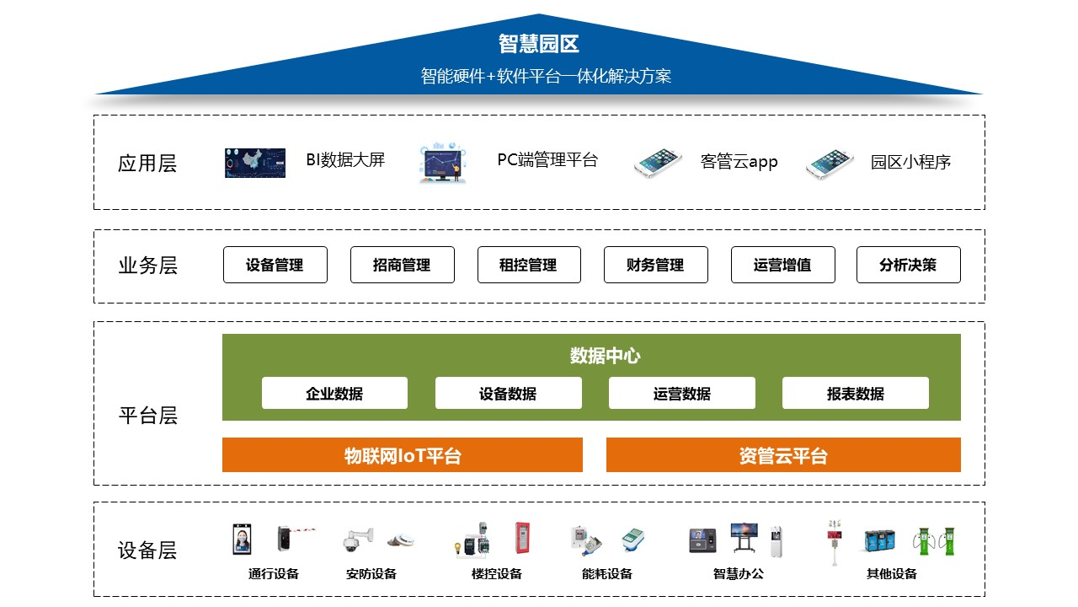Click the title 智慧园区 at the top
click(538, 44)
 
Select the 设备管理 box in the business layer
click(275, 265)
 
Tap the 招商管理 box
click(403, 265)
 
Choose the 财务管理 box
click(656, 265)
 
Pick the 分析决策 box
click(909, 265)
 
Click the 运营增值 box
click(783, 265)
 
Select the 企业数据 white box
click(334, 393)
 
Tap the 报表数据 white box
click(856, 393)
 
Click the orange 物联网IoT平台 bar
click(403, 454)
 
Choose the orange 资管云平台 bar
click(783, 454)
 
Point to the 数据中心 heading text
click(605, 356)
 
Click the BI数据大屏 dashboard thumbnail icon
click(255, 163)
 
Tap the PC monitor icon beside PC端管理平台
click(443, 163)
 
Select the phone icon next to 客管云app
click(659, 163)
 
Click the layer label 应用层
click(147, 164)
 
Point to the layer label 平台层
click(147, 416)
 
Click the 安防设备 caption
click(371, 574)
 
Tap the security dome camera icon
click(358, 540)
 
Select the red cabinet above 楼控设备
click(522, 538)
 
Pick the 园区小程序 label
click(910, 162)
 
